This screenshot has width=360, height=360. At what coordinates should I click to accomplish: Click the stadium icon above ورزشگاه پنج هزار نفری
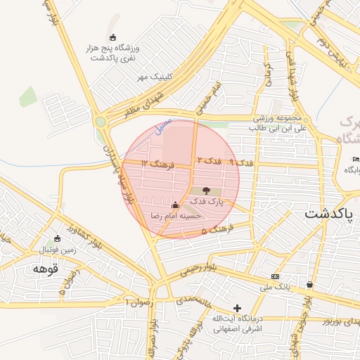[x=113, y=37]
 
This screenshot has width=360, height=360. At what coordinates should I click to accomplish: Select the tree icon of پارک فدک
[x=206, y=191]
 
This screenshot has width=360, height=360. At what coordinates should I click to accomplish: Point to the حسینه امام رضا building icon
[x=175, y=205]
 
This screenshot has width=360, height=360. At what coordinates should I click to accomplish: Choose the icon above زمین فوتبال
[x=58, y=239]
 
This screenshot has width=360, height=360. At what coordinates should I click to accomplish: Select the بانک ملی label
[x=275, y=287]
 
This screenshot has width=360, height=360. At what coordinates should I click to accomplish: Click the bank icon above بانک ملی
[x=275, y=276]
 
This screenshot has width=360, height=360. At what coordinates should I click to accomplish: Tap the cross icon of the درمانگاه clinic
[x=237, y=308]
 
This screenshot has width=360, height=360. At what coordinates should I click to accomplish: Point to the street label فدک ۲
[x=209, y=161]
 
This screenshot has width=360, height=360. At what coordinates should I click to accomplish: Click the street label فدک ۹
[x=241, y=163]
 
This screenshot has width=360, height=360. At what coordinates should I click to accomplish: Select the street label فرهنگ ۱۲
[x=154, y=164]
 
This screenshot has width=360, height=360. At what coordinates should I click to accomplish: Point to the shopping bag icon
[x=310, y=285]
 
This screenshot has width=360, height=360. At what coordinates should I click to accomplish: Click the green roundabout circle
[x=101, y=122]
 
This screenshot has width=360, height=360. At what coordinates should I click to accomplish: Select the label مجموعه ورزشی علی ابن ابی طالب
[x=278, y=122]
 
